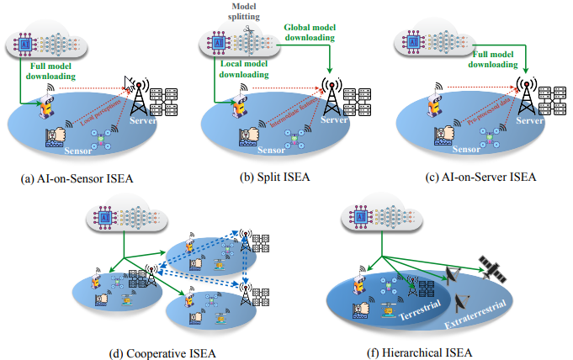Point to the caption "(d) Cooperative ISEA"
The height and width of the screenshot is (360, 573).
tap(164, 352)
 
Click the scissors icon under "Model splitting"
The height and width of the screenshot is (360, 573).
tap(249, 31)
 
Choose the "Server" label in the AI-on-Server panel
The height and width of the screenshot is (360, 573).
tap(529, 121)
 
